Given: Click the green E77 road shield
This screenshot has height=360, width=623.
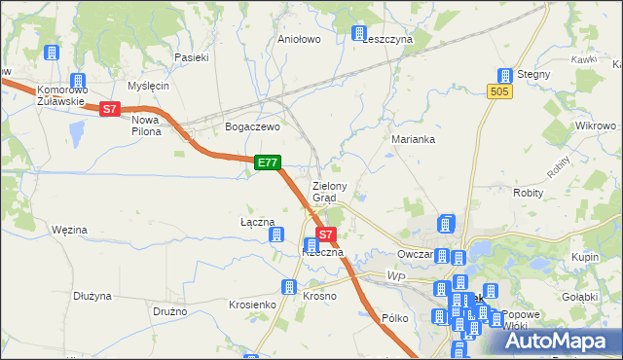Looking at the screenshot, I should [x=269, y=163].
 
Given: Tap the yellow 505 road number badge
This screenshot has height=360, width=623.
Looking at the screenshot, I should [x=500, y=90].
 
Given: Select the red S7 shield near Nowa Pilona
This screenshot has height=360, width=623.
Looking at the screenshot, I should [x=110, y=110].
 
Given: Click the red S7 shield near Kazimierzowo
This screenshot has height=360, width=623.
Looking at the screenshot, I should [x=327, y=234].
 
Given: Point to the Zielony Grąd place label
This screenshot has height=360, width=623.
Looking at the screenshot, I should [x=330, y=191].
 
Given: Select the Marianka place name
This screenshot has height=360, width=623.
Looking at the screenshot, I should [x=413, y=139].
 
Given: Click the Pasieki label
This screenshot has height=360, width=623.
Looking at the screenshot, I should [x=192, y=57].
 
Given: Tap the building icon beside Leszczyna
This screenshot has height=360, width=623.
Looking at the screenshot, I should [x=358, y=33].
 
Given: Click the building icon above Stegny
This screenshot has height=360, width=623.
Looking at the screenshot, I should [x=504, y=75].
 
